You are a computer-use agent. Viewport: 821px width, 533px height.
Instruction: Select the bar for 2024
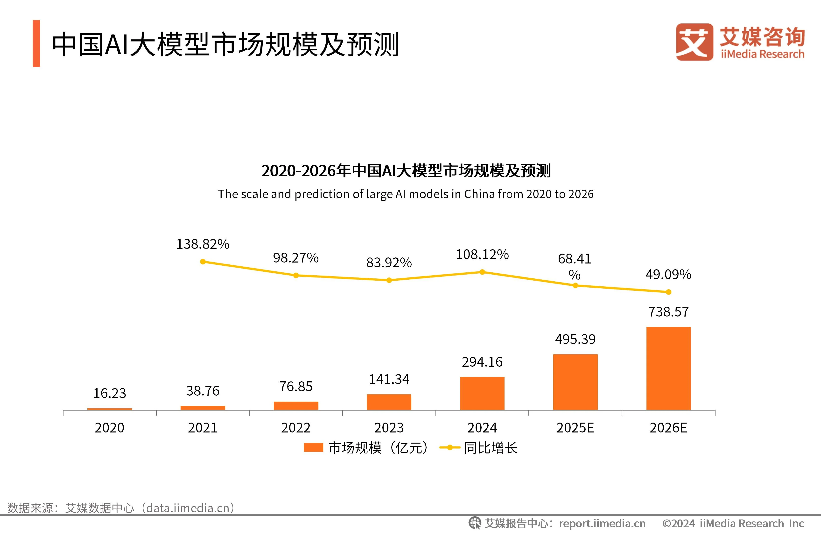coord(482,393)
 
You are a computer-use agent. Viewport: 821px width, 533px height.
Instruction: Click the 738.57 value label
coord(668,312)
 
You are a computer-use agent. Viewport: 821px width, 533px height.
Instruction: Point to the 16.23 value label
coord(110,393)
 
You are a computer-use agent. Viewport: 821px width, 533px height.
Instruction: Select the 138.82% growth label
coord(203,244)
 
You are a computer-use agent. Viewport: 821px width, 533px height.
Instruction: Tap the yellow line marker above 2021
coord(203,262)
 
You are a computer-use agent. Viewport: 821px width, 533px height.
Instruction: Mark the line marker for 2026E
coord(668,292)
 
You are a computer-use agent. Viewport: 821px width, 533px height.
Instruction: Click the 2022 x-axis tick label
coord(296,428)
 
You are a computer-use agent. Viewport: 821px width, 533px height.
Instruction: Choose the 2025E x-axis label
coord(575,428)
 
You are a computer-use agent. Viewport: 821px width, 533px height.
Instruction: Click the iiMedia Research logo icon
coord(694,42)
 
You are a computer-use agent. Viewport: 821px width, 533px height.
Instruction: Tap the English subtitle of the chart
coord(405,194)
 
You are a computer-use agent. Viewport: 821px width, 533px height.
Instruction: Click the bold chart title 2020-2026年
coord(406,170)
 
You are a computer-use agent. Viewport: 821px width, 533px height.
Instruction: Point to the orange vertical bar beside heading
coord(36,43)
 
